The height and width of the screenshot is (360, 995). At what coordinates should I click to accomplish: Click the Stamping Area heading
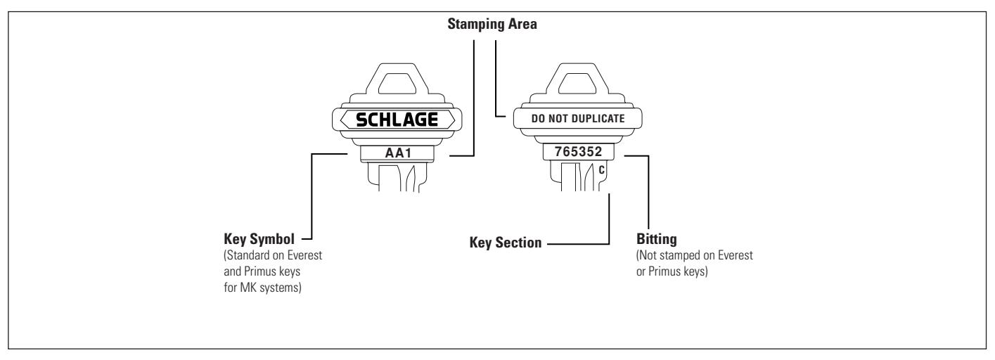click(492, 24)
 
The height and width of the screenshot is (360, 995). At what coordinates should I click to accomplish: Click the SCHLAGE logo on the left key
click(397, 120)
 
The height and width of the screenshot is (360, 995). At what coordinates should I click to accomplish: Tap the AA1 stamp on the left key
click(399, 153)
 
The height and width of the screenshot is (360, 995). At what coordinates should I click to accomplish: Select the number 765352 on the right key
click(578, 152)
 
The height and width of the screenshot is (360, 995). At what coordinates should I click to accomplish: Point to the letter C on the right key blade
click(601, 170)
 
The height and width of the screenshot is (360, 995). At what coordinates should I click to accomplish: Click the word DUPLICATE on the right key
click(598, 119)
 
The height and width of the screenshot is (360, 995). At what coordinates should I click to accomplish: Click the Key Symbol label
click(259, 239)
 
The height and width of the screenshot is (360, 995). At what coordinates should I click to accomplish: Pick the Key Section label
click(506, 243)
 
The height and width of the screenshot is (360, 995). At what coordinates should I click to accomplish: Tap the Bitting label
click(657, 239)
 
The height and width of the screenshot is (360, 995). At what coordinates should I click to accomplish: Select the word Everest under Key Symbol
click(304, 255)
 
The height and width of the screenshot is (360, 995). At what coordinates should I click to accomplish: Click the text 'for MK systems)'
click(262, 288)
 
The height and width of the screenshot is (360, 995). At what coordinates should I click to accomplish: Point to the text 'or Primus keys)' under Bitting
click(672, 271)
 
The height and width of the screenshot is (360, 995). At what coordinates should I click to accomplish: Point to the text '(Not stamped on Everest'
click(695, 255)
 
